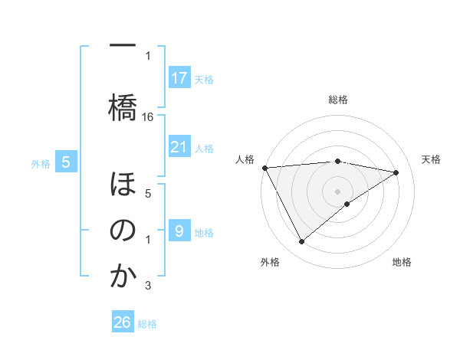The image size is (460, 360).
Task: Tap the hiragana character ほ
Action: (123, 185)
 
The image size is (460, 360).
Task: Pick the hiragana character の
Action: (123, 231)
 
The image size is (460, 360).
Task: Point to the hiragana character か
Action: (123, 276)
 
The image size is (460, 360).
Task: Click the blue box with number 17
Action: (179, 78)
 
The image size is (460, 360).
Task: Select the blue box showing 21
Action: (179, 147)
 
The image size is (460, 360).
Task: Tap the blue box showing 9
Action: (179, 231)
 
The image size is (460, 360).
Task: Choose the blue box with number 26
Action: (123, 322)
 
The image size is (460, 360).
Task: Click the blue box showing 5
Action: (66, 162)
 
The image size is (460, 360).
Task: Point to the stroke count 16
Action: (148, 117)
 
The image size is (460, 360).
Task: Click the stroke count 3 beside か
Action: (148, 286)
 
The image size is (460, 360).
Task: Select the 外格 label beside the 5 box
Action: (40, 163)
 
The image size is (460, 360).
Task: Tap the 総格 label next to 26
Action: (147, 323)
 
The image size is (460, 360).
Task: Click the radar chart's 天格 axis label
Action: (432, 159)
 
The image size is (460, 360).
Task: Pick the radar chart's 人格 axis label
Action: (245, 159)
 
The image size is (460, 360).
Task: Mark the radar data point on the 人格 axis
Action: (264, 167)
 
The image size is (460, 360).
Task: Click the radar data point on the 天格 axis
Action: (396, 172)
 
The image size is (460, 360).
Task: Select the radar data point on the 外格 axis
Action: (301, 242)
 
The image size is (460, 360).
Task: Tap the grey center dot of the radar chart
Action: (337, 190)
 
